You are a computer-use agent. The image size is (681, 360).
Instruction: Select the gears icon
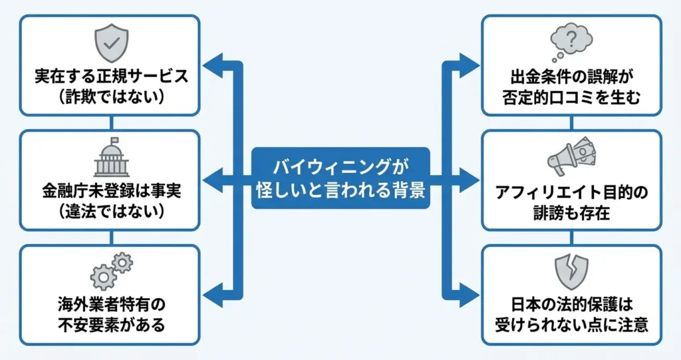(x=111, y=270)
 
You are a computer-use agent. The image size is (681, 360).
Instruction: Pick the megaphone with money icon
(x=571, y=156)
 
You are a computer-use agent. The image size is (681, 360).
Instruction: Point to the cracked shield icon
(x=571, y=270)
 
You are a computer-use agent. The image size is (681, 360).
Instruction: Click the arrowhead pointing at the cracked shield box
(x=472, y=291)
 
